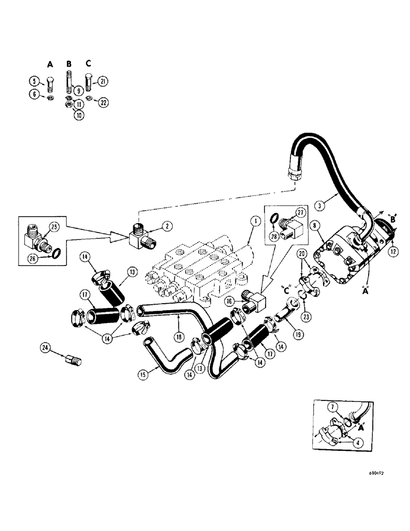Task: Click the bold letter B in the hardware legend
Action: pyautogui.click(x=69, y=64)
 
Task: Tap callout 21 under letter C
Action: pyautogui.click(x=103, y=81)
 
